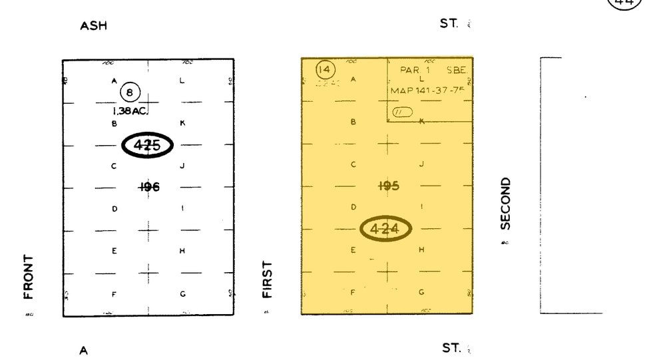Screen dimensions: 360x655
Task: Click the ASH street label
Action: click(x=93, y=26)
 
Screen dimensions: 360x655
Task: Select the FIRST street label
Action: click(x=268, y=279)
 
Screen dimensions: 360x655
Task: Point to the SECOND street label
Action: click(x=505, y=203)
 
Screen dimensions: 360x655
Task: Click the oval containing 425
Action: click(x=147, y=145)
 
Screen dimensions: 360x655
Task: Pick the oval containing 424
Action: click(x=386, y=229)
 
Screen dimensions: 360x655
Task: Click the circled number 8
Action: click(x=130, y=93)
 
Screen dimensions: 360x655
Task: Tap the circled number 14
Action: click(x=326, y=69)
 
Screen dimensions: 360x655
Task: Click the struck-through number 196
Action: click(x=149, y=187)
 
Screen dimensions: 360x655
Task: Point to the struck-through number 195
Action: click(x=388, y=186)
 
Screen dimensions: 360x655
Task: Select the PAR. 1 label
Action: click(x=415, y=69)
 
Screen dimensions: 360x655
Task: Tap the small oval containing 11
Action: click(x=402, y=112)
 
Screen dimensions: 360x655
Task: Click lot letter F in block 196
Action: click(x=114, y=294)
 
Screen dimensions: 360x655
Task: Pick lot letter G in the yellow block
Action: click(x=421, y=292)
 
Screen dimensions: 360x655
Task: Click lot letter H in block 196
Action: click(x=182, y=251)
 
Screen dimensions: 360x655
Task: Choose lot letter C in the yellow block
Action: click(x=353, y=164)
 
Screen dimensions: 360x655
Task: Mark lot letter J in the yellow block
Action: click(x=421, y=164)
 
